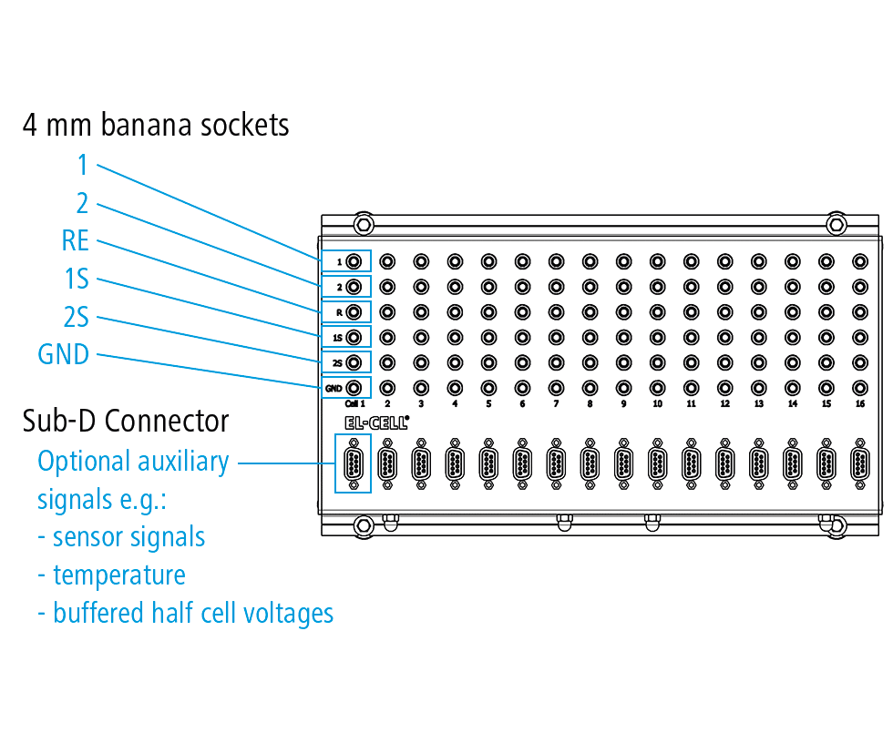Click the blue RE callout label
click(75, 240)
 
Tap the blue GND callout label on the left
click(63, 354)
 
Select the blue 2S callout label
click(77, 317)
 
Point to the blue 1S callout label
click(77, 279)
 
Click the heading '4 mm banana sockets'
click(156, 125)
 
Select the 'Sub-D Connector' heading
click(126, 422)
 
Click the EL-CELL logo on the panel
click(376, 422)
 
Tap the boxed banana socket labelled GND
click(354, 388)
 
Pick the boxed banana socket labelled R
click(354, 312)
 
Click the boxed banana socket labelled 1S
click(354, 338)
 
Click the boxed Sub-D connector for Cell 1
click(354, 463)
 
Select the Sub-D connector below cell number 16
click(860, 463)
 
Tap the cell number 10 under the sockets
click(657, 403)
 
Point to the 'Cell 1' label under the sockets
click(354, 403)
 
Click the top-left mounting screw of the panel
click(364, 225)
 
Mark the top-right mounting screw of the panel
click(837, 225)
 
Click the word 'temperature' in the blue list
click(119, 575)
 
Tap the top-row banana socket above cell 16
click(860, 262)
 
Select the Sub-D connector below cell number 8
click(590, 463)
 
